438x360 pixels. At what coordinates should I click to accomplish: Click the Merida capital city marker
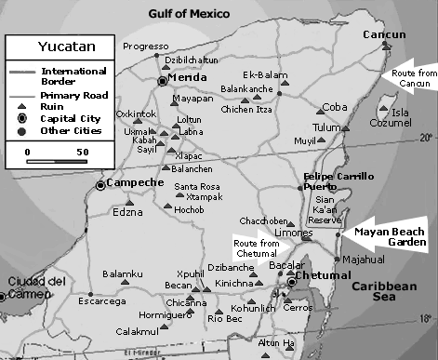pyautogui.click(x=163, y=80)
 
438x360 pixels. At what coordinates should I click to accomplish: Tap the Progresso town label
pyautogui.click(x=145, y=45)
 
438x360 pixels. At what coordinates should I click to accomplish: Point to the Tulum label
pyautogui.click(x=327, y=127)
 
